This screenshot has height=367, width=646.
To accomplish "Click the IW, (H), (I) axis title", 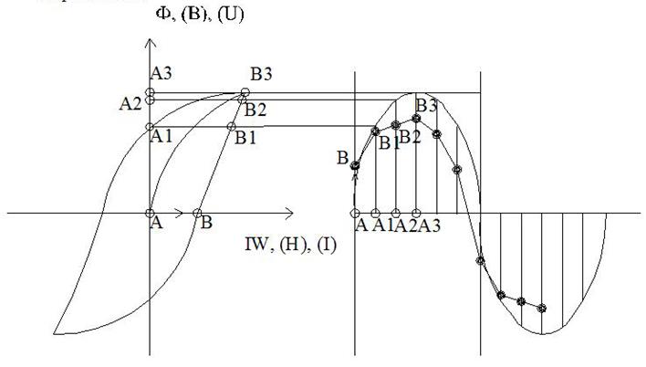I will [x=289, y=244].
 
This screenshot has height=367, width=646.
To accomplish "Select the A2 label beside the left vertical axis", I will [x=130, y=103].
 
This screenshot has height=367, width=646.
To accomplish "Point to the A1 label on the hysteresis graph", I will [x=161, y=136].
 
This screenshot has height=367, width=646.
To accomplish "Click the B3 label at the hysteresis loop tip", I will [x=263, y=75].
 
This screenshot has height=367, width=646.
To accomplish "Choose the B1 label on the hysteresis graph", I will [x=245, y=139].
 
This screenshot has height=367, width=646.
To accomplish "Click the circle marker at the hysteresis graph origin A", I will [x=151, y=213].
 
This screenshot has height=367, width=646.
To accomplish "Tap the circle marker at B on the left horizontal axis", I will [x=198, y=213].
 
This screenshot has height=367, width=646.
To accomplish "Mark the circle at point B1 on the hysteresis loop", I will [x=229, y=126].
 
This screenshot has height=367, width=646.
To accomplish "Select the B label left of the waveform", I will [x=341, y=159].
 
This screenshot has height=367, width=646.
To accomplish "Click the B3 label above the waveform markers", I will [x=427, y=105].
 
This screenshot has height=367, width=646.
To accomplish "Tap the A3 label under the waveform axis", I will [x=430, y=227].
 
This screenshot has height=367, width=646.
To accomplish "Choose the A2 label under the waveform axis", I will [x=407, y=227].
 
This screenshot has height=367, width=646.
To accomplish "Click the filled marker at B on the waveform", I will [x=355, y=165].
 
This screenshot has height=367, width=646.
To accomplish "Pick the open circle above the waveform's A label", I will [x=355, y=213].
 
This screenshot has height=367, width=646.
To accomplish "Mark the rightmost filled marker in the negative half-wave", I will [x=543, y=309].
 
